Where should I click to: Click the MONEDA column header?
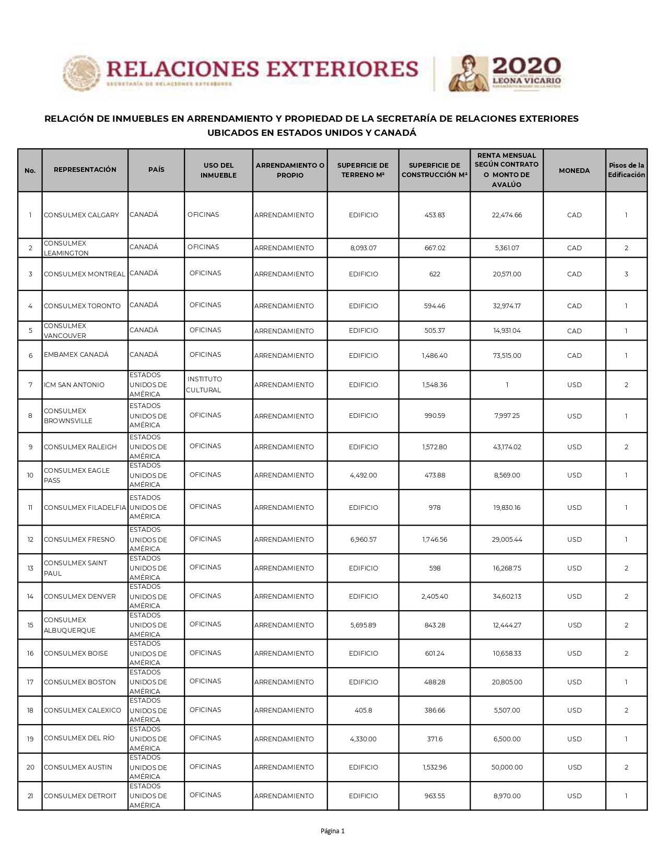(x=574, y=170)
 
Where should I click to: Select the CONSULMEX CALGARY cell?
(x=81, y=215)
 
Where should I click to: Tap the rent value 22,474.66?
(x=507, y=215)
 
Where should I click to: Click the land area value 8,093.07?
(x=363, y=248)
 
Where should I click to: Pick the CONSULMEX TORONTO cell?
(x=82, y=306)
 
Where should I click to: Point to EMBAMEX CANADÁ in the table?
(x=76, y=355)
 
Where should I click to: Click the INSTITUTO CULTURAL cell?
(x=204, y=385)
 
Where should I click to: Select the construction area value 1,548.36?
(x=435, y=385)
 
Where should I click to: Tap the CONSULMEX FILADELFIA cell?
(x=85, y=508)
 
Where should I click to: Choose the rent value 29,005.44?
(x=507, y=540)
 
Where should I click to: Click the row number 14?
(x=30, y=597)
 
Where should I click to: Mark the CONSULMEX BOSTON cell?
(x=80, y=682)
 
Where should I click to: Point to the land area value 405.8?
(x=363, y=710)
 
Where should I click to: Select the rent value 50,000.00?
(x=507, y=767)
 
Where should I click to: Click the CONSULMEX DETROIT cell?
(x=80, y=796)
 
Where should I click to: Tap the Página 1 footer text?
(x=333, y=831)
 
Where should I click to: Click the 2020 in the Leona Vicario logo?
(x=527, y=66)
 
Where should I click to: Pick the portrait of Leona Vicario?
(x=467, y=73)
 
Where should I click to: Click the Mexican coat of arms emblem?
(x=81, y=73)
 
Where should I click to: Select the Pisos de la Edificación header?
(x=626, y=170)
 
